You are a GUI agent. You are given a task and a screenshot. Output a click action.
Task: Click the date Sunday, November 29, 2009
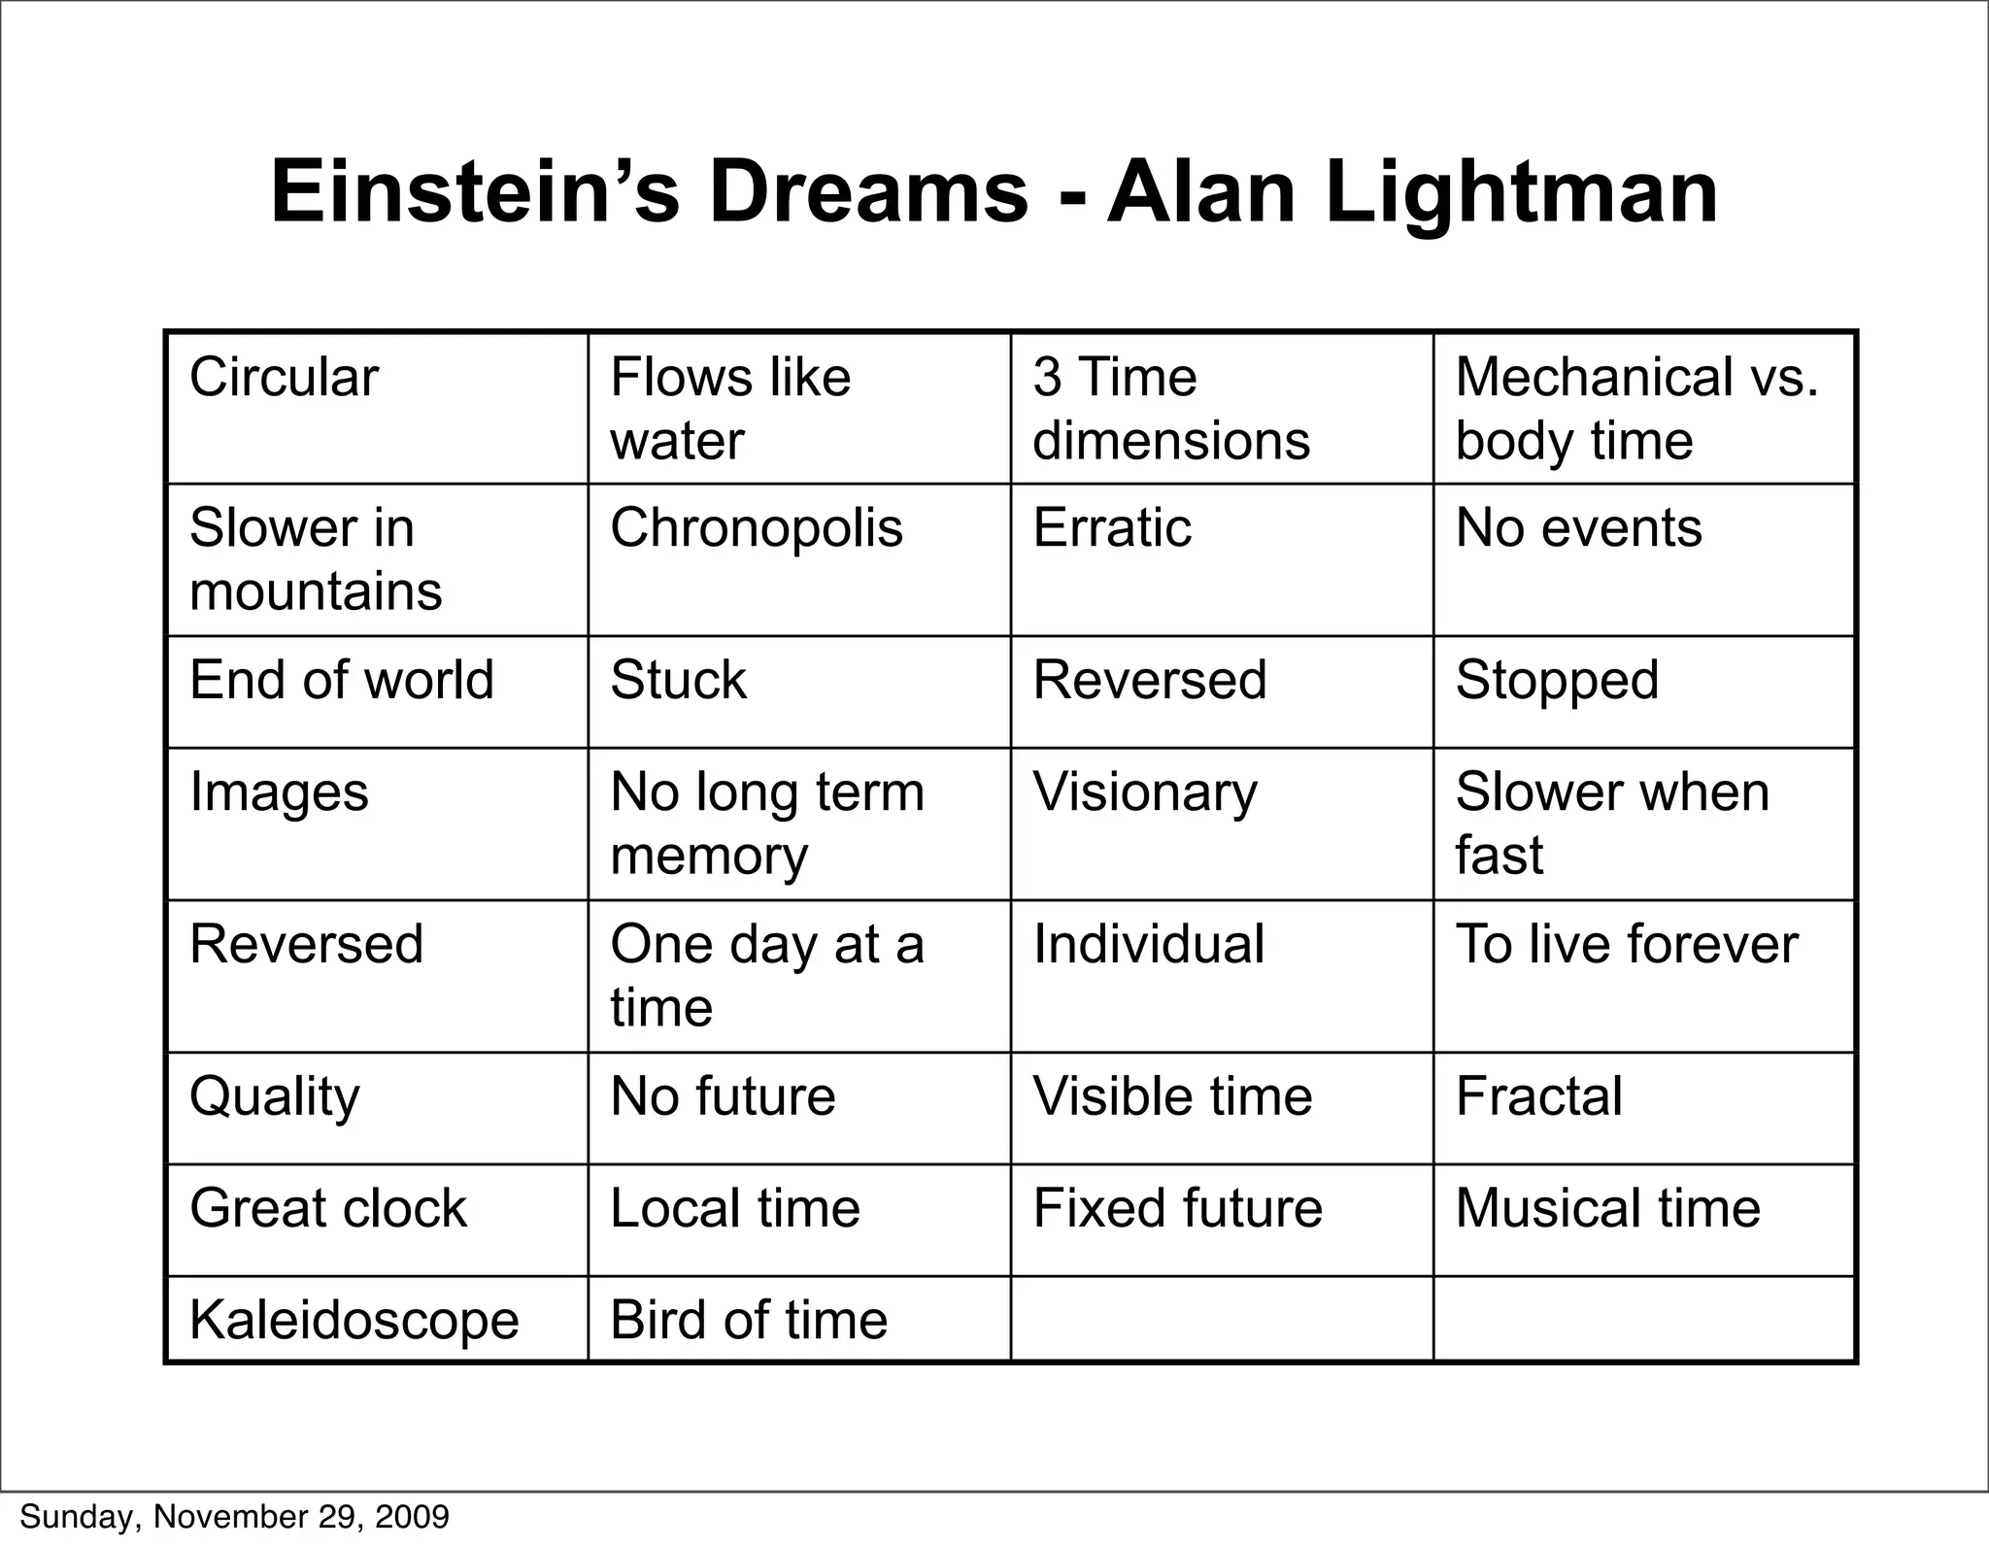(234, 1517)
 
